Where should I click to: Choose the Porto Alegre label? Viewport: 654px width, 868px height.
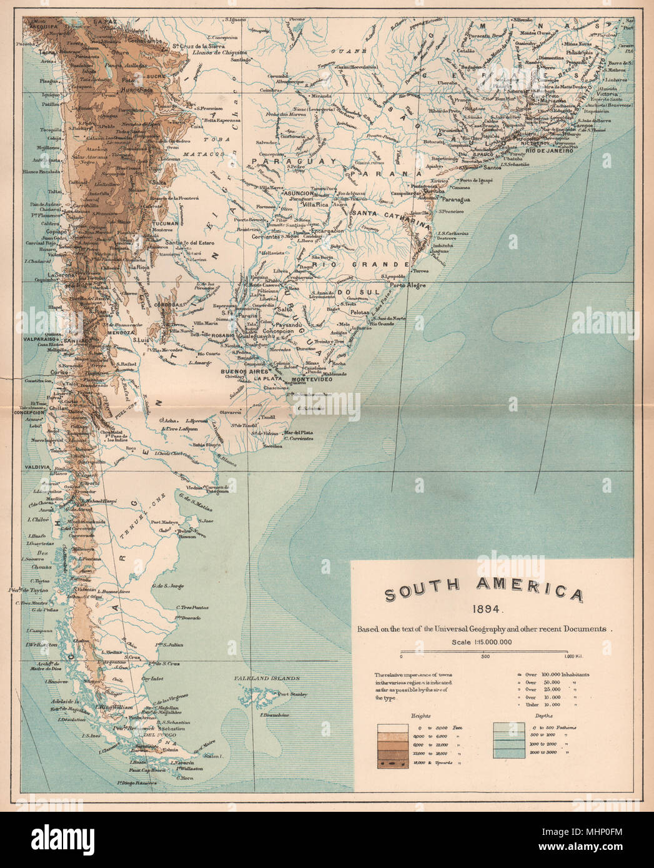tap(407, 285)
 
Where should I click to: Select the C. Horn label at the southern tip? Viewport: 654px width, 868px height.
tap(185, 778)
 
